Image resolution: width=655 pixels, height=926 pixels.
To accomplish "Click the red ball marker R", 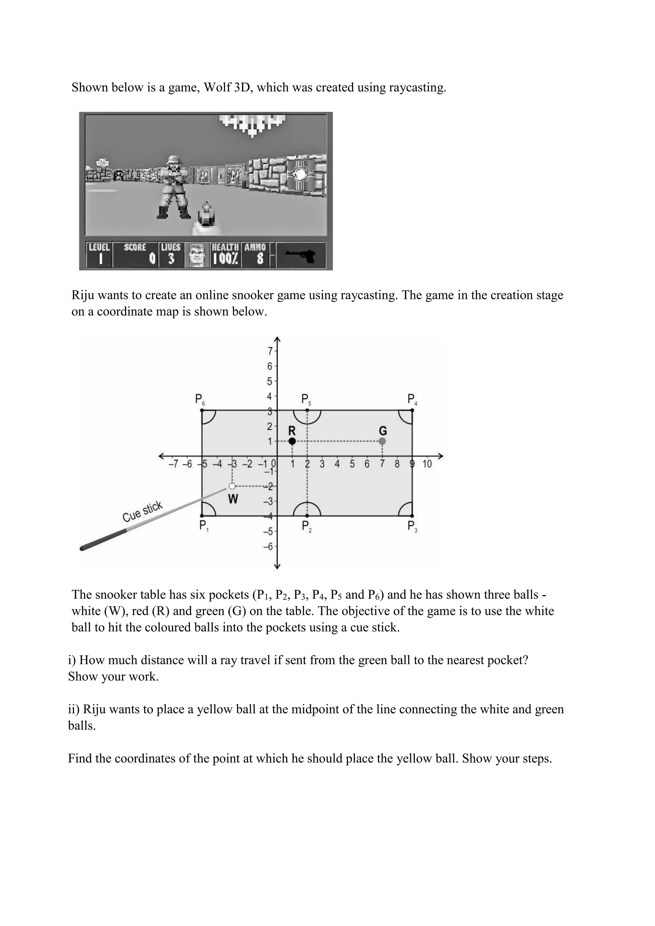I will (292, 441).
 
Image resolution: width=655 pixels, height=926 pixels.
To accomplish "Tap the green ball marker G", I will (383, 441).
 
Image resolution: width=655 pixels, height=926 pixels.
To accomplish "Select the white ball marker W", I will (232, 486).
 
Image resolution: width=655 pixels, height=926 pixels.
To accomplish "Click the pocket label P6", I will (200, 400).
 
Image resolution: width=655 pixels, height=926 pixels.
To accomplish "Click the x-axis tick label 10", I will (427, 464).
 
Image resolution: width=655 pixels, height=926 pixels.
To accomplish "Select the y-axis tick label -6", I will (268, 547).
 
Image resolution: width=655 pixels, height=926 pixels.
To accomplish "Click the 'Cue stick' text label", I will (142, 511).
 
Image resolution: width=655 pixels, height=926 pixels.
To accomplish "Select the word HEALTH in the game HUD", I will (225, 247).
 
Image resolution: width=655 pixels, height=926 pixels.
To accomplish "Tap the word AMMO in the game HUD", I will (255, 247).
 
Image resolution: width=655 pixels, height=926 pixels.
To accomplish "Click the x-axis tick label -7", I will (173, 464).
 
